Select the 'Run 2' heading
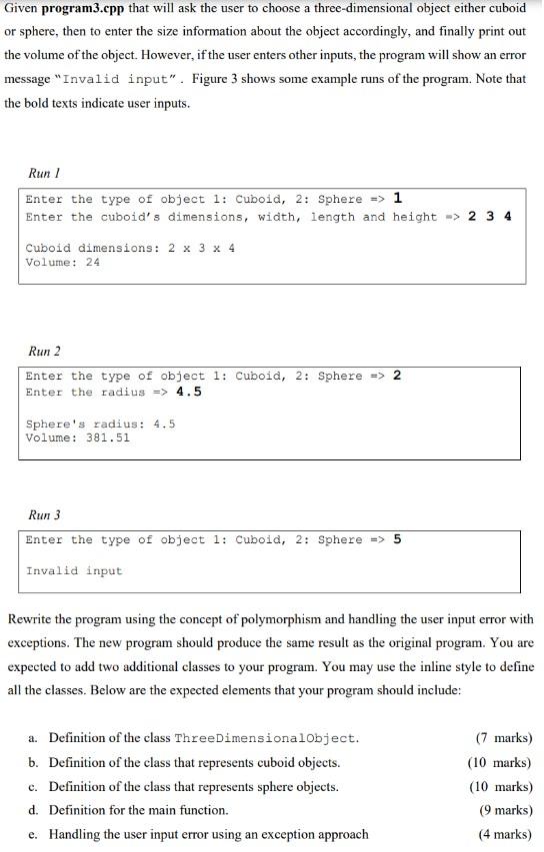(x=45, y=351)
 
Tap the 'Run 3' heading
(x=45, y=515)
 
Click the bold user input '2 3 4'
(x=489, y=217)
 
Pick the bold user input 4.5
(x=188, y=392)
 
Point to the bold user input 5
(x=397, y=539)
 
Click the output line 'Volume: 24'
(x=62, y=263)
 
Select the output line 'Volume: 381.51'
(x=77, y=437)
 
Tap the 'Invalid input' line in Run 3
(x=73, y=571)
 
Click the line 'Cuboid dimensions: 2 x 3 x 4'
(x=130, y=248)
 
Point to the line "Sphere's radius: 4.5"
(x=100, y=424)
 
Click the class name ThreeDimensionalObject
(x=266, y=739)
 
